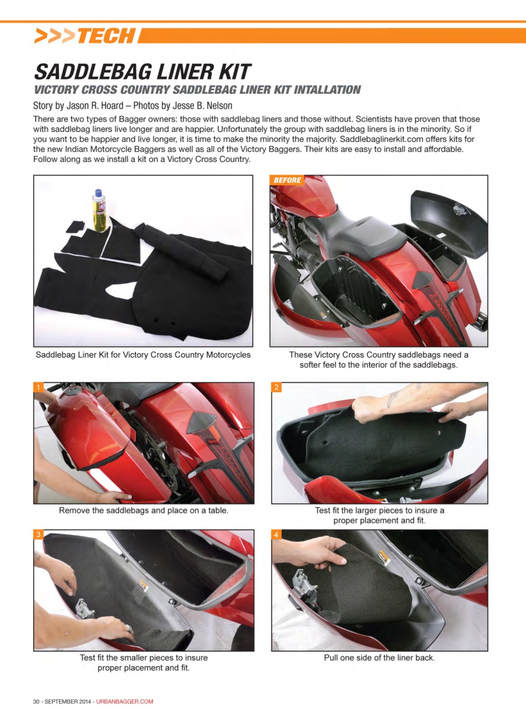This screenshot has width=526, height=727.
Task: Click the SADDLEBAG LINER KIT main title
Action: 142,72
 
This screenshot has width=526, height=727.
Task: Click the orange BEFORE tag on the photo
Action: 287,180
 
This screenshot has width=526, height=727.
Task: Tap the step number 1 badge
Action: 38,387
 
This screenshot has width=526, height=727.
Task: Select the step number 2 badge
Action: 276,387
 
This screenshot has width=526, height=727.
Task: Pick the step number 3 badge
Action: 38,534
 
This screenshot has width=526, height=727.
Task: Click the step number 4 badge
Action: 276,534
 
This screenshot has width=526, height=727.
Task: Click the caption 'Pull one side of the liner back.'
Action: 379,658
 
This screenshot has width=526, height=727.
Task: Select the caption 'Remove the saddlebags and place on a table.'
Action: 144,510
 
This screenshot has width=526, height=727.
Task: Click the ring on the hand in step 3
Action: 129,629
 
